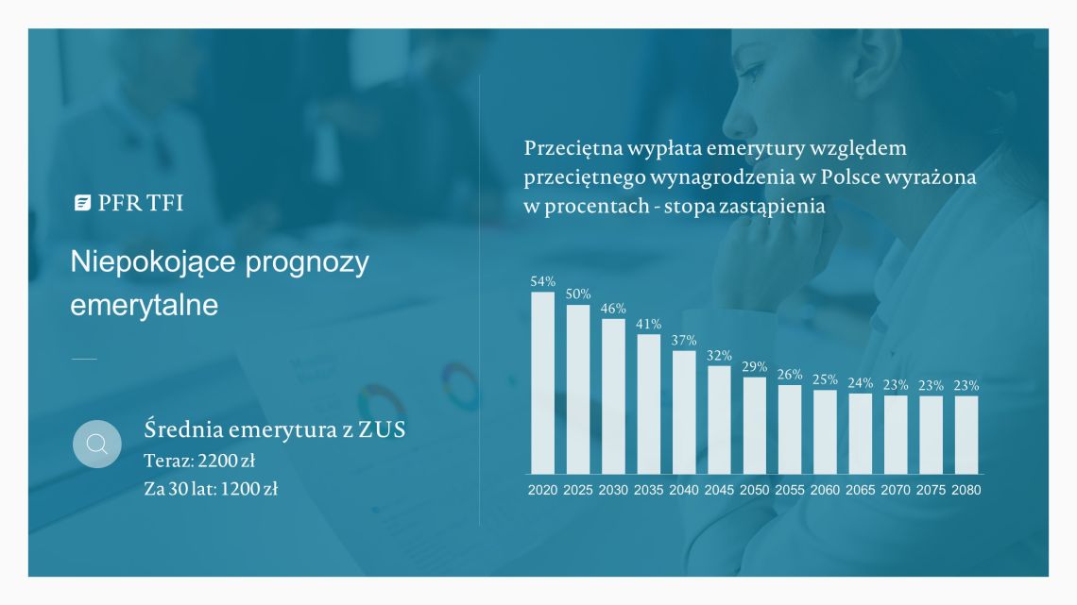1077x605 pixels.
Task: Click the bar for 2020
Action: click(x=542, y=383)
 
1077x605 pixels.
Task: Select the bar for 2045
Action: click(x=719, y=420)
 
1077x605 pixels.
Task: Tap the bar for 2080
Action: click(x=966, y=435)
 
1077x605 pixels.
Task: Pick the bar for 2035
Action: click(x=648, y=404)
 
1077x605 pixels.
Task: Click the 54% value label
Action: click(x=542, y=281)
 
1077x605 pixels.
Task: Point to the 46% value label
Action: click(x=613, y=309)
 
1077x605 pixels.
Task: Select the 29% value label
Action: click(x=754, y=367)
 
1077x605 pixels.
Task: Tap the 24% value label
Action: click(x=860, y=383)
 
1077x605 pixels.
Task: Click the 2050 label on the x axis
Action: click(x=754, y=490)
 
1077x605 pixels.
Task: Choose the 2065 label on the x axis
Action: click(x=860, y=490)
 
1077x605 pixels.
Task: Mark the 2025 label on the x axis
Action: click(x=577, y=490)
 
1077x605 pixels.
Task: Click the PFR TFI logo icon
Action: click(x=82, y=202)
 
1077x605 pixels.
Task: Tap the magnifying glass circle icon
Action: click(x=97, y=444)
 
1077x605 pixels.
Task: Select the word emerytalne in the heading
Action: click(x=145, y=305)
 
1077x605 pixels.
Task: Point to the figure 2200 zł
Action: click(x=227, y=461)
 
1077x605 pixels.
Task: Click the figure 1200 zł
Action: click(x=249, y=488)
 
